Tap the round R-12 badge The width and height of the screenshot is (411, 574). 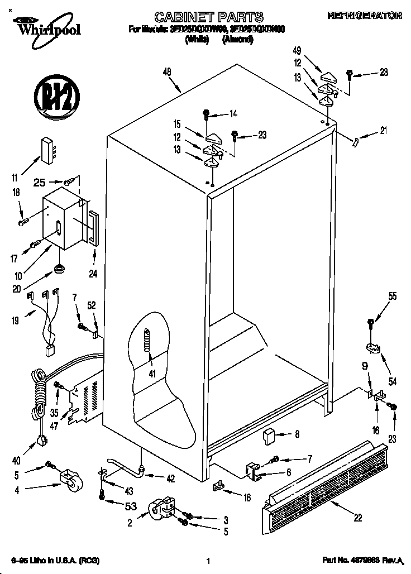click(55, 96)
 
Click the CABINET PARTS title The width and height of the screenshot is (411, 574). click(209, 17)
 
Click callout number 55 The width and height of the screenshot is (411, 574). click(393, 296)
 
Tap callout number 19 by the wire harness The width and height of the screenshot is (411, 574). click(15, 321)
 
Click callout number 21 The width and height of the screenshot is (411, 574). click(383, 132)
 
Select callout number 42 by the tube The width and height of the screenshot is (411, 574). click(170, 478)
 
